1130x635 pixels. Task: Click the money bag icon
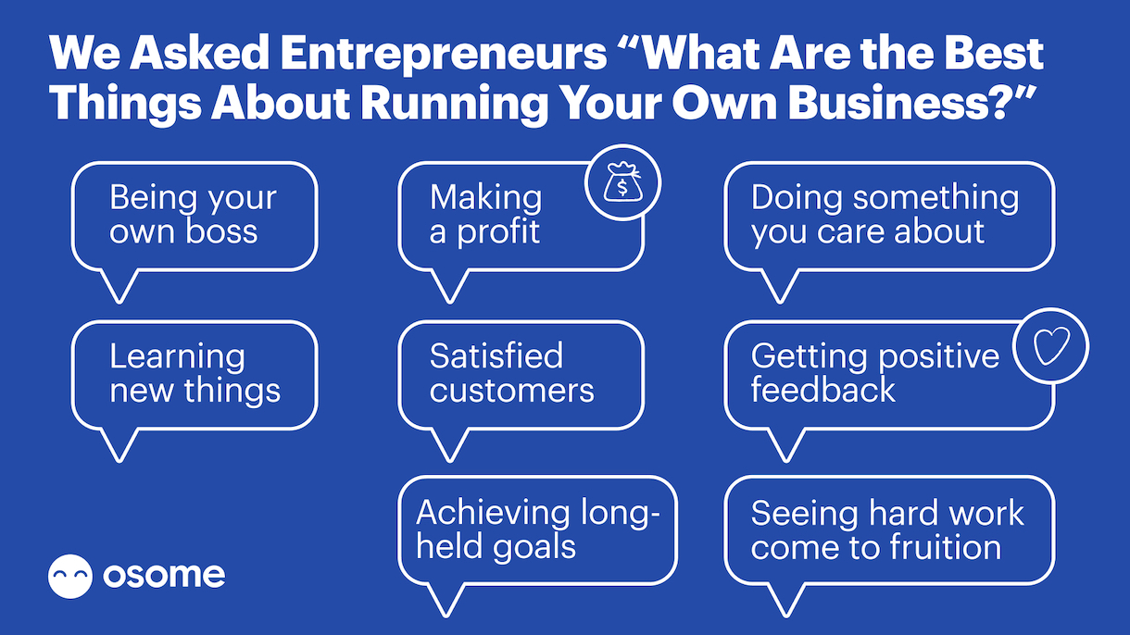click(x=623, y=182)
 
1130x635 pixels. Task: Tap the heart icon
click(x=1051, y=346)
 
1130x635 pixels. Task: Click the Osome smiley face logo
click(x=70, y=576)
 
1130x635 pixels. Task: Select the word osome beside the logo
click(x=164, y=575)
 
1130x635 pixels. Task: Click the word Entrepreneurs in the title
click(x=444, y=55)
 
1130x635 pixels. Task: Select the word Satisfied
click(x=496, y=355)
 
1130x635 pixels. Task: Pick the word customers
click(x=512, y=391)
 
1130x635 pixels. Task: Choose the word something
click(x=935, y=198)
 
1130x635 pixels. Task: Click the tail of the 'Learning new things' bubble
click(x=119, y=445)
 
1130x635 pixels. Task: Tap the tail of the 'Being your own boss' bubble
click(x=119, y=286)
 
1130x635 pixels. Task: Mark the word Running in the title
click(x=454, y=105)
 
